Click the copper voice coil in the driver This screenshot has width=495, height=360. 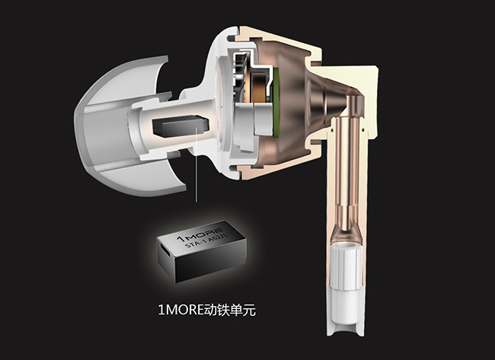(x=260, y=86)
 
